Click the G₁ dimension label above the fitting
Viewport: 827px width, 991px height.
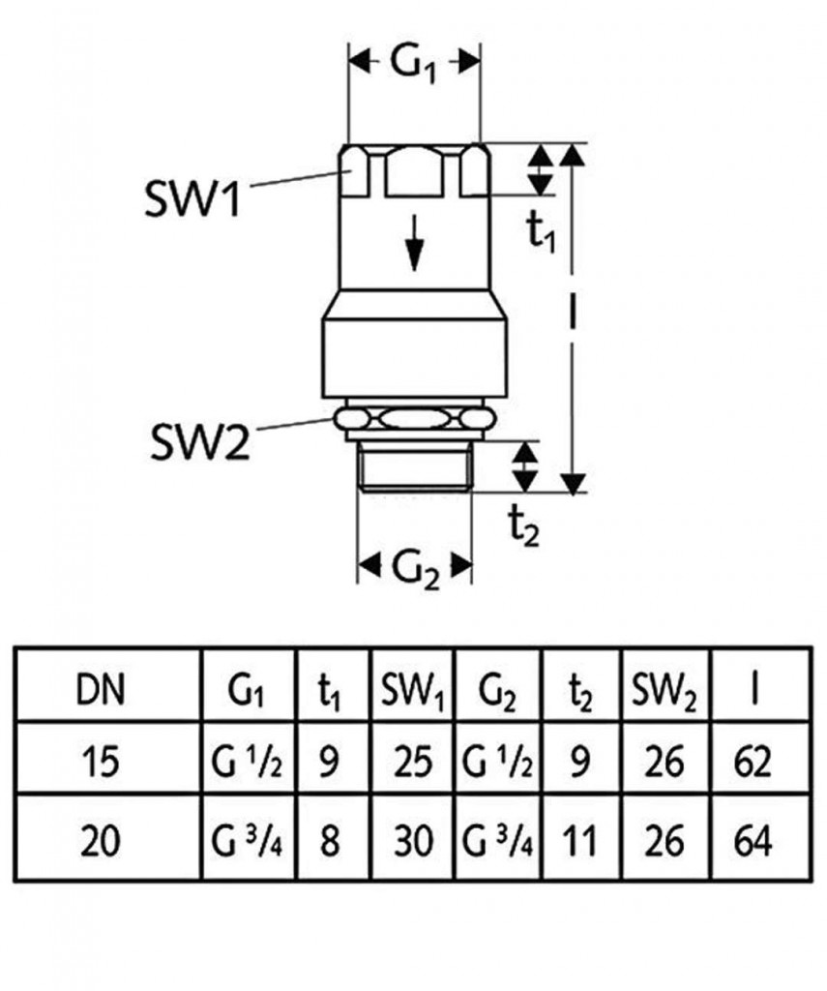(415, 65)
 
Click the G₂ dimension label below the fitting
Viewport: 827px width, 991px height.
(416, 566)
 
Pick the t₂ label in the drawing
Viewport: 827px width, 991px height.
(524, 526)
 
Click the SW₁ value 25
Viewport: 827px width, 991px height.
(412, 763)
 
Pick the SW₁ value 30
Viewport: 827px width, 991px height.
(412, 839)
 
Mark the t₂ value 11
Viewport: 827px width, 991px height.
(580, 839)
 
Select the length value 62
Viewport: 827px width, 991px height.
(752, 763)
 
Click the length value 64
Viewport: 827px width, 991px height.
(752, 839)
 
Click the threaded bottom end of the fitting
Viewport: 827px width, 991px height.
(415, 468)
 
